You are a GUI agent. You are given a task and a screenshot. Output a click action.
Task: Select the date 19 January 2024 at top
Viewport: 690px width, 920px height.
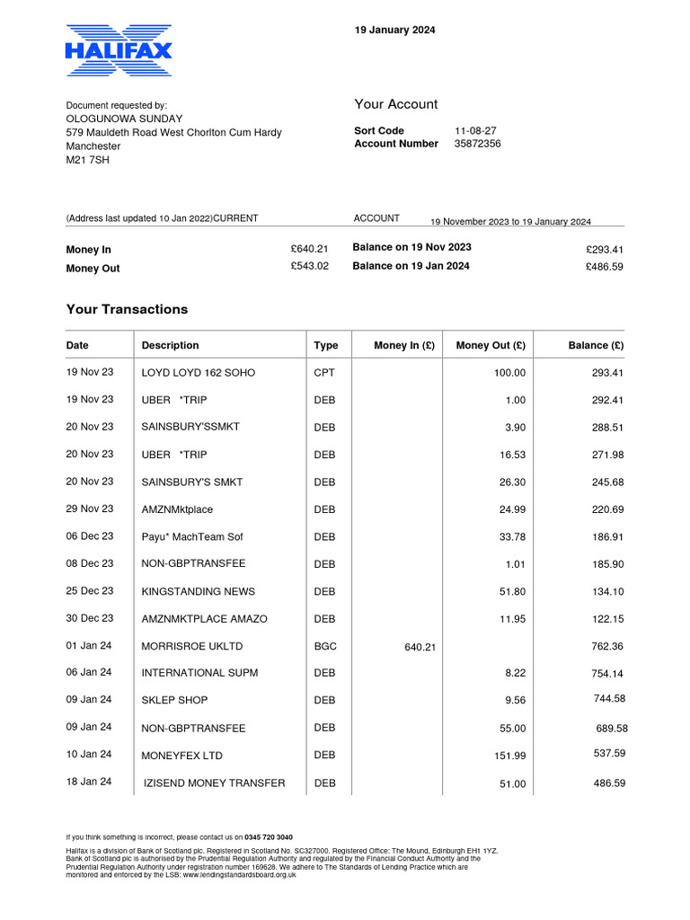394,30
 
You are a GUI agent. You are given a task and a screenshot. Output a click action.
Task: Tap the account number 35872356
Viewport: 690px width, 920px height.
477,144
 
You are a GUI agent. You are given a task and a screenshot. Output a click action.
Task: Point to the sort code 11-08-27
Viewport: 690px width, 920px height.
475,130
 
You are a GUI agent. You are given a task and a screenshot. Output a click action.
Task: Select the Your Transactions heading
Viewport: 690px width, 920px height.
127,309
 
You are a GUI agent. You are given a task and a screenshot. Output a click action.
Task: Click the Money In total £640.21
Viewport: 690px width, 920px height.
309,249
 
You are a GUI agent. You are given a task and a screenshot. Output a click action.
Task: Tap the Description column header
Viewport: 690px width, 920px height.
170,345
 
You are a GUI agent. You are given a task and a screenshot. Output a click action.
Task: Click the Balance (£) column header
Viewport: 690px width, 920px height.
596,345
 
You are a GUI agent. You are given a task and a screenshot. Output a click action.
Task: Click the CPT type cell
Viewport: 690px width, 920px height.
323,373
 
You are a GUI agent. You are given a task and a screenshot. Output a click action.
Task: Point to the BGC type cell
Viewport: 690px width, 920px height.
324,646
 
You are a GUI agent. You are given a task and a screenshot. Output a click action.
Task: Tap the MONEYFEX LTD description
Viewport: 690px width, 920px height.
181,756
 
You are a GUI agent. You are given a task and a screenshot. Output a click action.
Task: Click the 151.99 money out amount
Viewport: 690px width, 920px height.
509,756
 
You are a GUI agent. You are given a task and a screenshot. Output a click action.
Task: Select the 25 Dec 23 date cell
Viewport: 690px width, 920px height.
90,591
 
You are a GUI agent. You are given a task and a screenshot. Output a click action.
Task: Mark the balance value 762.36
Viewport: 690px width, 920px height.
606,646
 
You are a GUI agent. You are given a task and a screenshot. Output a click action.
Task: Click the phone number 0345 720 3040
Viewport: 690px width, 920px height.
269,836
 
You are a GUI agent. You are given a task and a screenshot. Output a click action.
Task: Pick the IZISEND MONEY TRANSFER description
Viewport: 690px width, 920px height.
214,783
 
